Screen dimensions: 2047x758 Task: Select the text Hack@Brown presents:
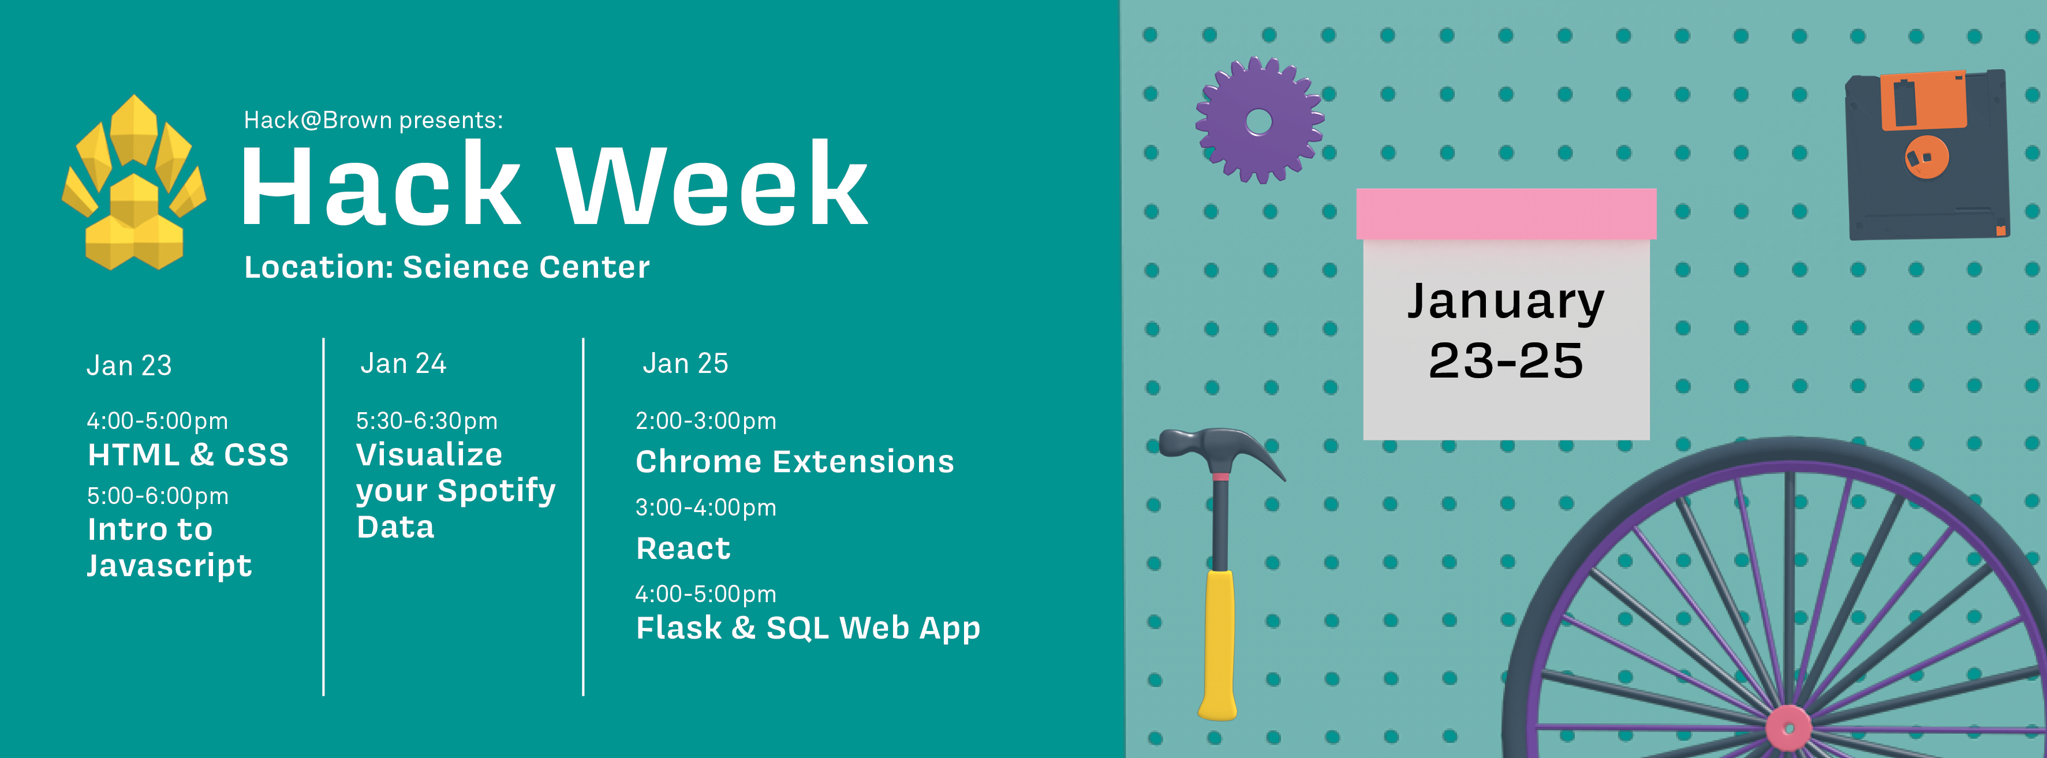pyautogui.click(x=373, y=120)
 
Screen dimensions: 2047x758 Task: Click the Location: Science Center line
pyautogui.click(x=447, y=267)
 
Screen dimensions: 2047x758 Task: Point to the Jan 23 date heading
pyautogui.click(x=129, y=365)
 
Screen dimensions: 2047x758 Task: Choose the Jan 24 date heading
pyautogui.click(x=404, y=363)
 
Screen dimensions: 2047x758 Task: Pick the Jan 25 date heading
pyautogui.click(x=685, y=363)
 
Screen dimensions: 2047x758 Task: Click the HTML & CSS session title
pyautogui.click(x=188, y=454)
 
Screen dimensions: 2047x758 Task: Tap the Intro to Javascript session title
pyautogui.click(x=169, y=547)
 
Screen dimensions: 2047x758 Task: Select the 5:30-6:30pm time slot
pyautogui.click(x=427, y=420)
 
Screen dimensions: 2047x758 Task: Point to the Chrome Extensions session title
pyautogui.click(x=795, y=462)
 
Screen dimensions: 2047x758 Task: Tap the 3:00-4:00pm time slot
pyautogui.click(x=705, y=507)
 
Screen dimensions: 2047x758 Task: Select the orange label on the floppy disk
pyautogui.click(x=1922, y=100)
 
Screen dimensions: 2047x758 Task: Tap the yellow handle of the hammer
pyautogui.click(x=1218, y=644)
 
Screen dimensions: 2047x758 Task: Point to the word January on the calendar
pyautogui.click(x=1506, y=302)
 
